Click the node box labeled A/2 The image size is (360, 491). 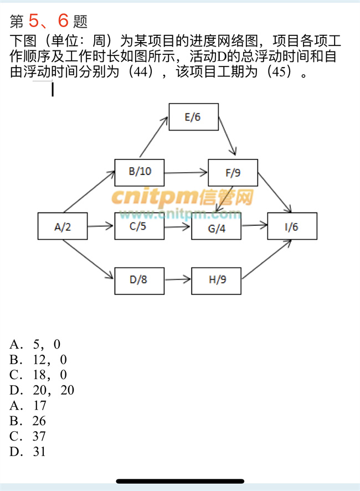pos(63,226)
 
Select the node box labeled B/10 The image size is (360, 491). pos(140,172)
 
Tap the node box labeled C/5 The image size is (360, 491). pos(140,226)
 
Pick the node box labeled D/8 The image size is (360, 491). pos(140,280)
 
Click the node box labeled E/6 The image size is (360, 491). pos(193,117)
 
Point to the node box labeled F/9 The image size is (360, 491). pos(233,173)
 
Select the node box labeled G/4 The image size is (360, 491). pos(217,226)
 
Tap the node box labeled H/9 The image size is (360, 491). pos(217,280)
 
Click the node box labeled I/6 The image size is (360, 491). pos(292,226)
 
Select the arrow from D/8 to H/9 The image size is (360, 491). pos(178,280)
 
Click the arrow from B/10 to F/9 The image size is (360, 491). pos(186,172)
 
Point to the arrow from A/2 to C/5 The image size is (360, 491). pos(101,226)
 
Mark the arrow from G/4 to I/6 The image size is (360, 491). pos(254,226)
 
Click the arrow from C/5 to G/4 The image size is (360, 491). pos(178,226)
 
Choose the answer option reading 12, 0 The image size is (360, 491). pos(38,360)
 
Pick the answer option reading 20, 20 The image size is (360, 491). pos(42,390)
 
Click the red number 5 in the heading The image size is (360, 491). pos(34,21)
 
